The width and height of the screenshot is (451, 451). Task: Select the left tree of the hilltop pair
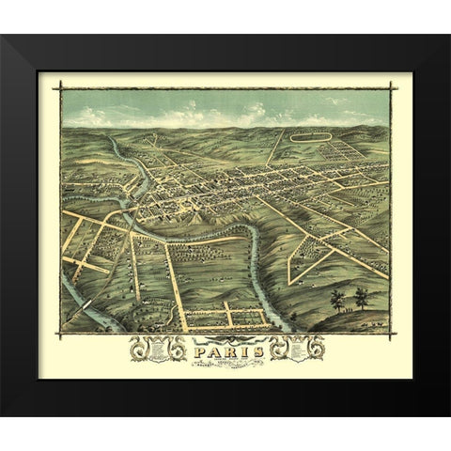[336, 299]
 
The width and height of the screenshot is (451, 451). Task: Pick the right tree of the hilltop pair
[361, 297]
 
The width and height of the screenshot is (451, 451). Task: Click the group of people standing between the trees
[349, 306]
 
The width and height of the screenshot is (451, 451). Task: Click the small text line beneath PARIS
[225, 365]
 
